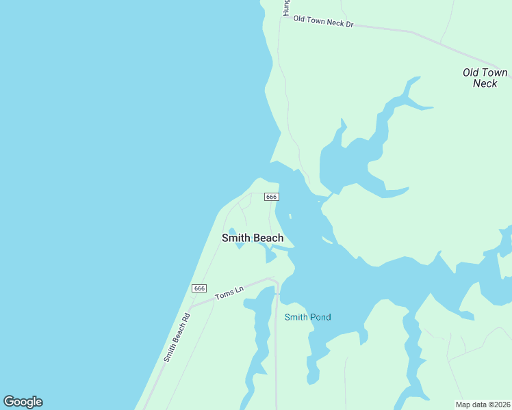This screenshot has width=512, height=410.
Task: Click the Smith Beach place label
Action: point(253,238)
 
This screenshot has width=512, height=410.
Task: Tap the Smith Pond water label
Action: point(307,317)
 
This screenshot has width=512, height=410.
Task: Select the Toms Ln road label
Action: point(229,293)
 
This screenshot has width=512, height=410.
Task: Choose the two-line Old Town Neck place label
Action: point(485,78)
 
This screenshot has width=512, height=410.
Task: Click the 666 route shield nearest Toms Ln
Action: point(199,288)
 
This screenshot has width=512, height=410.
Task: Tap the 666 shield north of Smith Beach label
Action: point(271,197)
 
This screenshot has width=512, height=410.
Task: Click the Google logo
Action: point(23,402)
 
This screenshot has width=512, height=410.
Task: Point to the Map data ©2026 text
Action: point(483,405)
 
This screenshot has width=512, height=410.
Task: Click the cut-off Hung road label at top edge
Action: point(287,7)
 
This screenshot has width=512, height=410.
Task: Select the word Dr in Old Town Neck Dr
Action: point(348,25)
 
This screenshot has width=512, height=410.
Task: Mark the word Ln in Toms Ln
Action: point(239,290)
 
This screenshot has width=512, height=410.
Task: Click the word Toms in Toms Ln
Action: point(225,295)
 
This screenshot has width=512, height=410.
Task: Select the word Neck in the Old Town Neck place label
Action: point(485,83)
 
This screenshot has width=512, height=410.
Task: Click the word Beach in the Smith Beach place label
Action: point(268,238)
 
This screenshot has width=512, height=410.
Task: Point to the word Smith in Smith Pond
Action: point(296,317)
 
